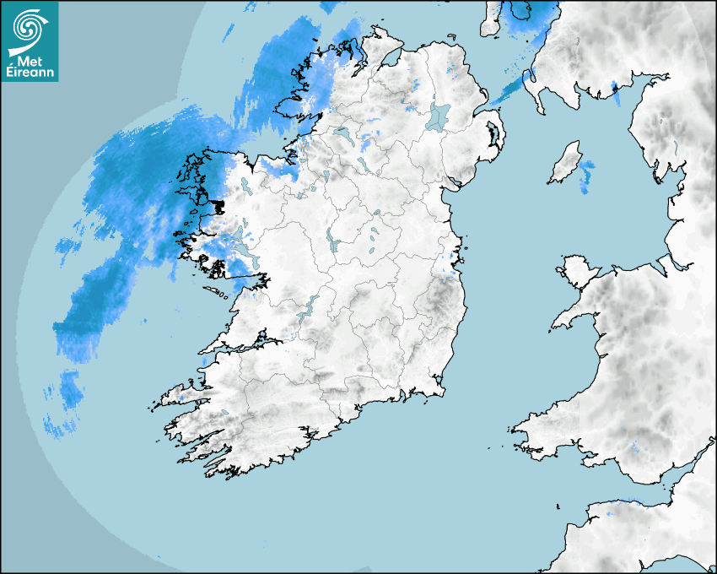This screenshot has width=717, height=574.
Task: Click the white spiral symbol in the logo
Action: (27, 27)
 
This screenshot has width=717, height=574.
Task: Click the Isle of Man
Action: (565, 163)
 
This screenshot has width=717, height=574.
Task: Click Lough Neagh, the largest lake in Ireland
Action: (439, 116)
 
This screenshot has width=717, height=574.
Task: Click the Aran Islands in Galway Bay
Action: (218, 290)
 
